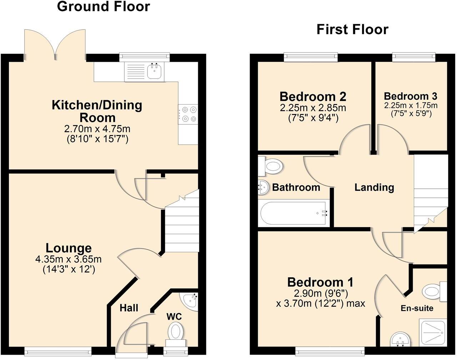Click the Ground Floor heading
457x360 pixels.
tap(104, 7)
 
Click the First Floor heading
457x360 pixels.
tap(352, 29)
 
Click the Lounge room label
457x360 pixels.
tap(69, 248)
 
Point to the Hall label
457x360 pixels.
tap(129, 308)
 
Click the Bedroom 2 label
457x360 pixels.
tap(313, 96)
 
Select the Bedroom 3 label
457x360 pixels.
tap(410, 96)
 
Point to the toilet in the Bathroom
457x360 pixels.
tap(272, 166)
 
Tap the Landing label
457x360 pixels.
tap(374, 187)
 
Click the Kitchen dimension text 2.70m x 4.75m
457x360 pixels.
tap(97, 129)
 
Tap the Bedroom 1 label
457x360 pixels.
tap(320, 282)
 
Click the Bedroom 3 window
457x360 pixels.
tap(414, 57)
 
